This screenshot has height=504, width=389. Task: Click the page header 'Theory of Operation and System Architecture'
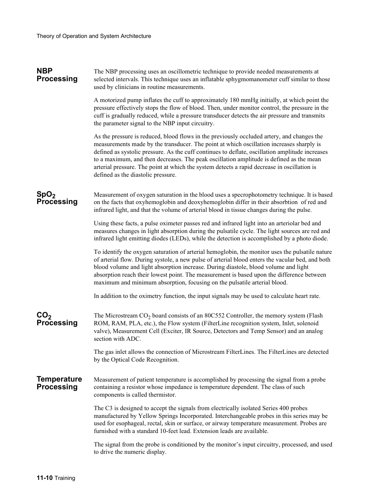(x=94, y=36)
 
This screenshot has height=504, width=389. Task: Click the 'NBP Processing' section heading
(x=57, y=75)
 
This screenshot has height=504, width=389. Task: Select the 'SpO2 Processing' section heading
(x=57, y=198)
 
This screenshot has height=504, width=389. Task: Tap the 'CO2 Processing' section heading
(x=57, y=319)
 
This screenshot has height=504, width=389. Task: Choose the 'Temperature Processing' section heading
(x=59, y=383)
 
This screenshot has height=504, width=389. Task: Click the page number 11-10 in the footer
(x=44, y=478)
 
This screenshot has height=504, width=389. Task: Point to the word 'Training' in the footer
(x=65, y=478)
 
